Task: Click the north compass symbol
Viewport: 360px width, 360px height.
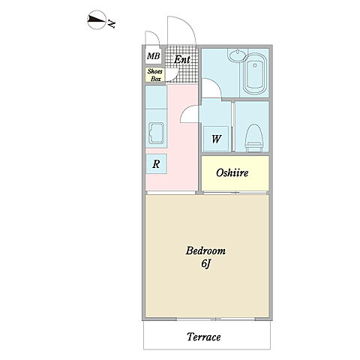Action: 96,19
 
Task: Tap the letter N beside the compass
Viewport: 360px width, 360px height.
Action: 112,23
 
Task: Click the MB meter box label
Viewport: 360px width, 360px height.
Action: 153,56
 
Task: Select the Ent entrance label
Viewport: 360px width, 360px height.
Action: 182,59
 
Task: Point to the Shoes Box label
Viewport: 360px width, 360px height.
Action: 155,75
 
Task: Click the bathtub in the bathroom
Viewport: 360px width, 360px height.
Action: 255,74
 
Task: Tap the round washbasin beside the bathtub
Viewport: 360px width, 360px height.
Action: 237,55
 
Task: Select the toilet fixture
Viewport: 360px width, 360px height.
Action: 254,138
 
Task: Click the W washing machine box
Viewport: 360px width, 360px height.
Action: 216,139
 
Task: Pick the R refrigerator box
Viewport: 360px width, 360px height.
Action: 156,164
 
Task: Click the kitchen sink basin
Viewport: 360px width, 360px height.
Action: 156,133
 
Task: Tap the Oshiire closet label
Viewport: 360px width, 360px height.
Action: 232,172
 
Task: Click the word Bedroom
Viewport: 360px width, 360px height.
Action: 205,250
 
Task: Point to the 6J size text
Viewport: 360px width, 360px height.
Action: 205,264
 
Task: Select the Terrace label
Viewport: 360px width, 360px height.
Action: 204,337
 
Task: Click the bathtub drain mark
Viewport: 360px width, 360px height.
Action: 255,65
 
